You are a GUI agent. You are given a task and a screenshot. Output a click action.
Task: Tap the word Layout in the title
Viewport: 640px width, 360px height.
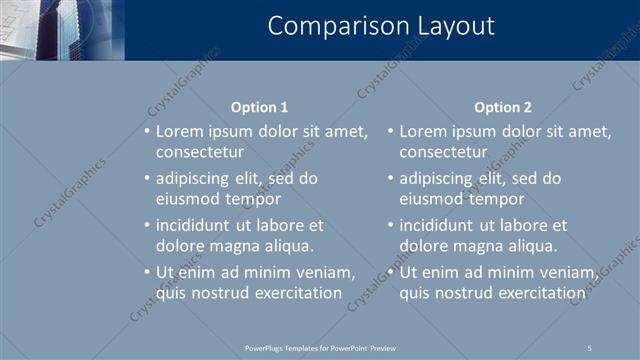coord(450,26)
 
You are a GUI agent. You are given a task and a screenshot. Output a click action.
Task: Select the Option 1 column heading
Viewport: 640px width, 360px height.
coord(259,107)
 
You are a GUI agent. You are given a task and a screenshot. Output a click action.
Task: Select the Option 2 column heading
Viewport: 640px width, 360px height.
coord(503,107)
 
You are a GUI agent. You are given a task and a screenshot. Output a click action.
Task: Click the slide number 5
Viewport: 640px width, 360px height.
coord(590,347)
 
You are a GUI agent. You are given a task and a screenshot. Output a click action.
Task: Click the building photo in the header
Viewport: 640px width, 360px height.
coord(62,30)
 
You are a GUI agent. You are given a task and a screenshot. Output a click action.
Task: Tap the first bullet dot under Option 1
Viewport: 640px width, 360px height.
coord(146,132)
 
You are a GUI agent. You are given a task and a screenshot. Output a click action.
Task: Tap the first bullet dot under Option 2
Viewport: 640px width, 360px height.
coord(390,132)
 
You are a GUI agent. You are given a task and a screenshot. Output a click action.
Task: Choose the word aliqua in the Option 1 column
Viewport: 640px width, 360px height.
coord(286,245)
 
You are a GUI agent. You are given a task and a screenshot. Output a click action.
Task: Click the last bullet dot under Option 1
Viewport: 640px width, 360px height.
coord(146,273)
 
